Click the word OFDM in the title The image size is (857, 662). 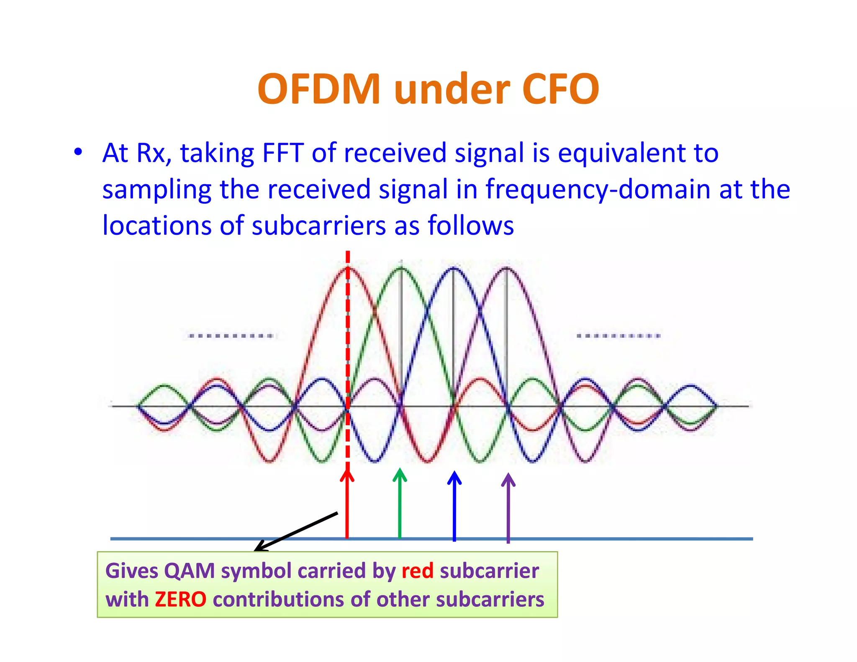(x=319, y=89)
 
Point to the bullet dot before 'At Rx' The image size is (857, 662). (x=78, y=152)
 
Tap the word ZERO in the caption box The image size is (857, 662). (x=180, y=599)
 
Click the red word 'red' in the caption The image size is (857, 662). (x=417, y=571)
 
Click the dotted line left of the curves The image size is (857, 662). (x=231, y=336)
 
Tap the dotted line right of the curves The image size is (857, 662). (x=618, y=336)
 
